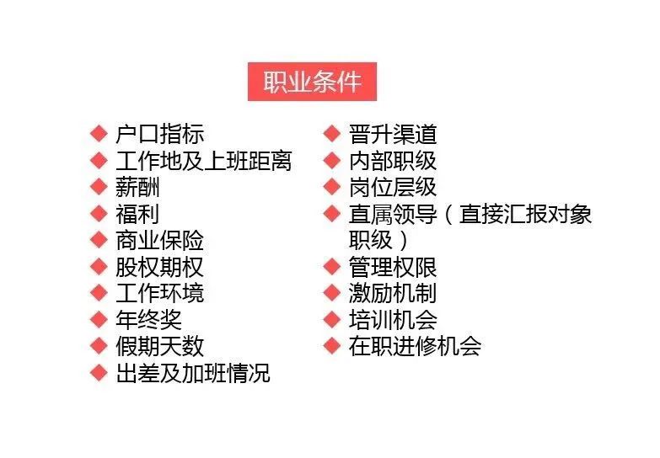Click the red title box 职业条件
[x=312, y=82]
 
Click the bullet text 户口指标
[x=159, y=134]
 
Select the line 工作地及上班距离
[x=203, y=161]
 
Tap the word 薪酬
[x=137, y=188]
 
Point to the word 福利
[x=137, y=214]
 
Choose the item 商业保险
[x=159, y=241]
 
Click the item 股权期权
[x=159, y=268]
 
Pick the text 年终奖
[x=148, y=320]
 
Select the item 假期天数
[x=159, y=347]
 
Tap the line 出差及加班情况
[x=192, y=374]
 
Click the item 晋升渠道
[x=392, y=134]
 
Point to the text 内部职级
[x=392, y=161]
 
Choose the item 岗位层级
[x=392, y=188]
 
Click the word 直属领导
[x=392, y=214]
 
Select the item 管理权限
[x=392, y=268]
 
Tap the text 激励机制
[x=392, y=294]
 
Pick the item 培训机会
[x=392, y=320]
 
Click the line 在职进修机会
[x=415, y=347]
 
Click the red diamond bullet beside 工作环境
[x=99, y=294]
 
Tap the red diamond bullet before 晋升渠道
[x=332, y=134]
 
